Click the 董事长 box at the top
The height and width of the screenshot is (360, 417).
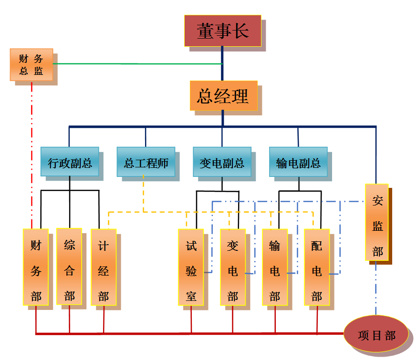(222, 31)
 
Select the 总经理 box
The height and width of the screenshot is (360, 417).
(223, 96)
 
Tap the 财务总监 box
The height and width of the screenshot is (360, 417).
(31, 64)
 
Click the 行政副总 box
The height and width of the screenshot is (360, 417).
(70, 162)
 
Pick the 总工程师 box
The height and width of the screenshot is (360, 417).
(146, 162)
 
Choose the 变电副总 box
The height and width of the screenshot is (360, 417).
(222, 162)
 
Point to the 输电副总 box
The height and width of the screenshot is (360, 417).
(298, 162)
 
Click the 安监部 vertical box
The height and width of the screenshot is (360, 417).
(377, 222)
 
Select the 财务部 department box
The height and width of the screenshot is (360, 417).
(36, 267)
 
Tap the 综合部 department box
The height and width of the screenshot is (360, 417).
(69, 266)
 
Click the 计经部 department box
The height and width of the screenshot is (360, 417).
(104, 267)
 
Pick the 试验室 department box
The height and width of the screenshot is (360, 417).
(191, 267)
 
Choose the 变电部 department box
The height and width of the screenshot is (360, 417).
(233, 267)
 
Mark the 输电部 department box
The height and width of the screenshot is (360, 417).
(275, 267)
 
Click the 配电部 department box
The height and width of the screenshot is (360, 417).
(317, 267)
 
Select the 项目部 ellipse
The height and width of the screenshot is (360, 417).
(376, 335)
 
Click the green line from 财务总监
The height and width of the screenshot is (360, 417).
(138, 63)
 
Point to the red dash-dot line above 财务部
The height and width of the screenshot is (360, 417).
(31, 153)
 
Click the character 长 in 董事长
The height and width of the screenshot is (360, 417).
(241, 31)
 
